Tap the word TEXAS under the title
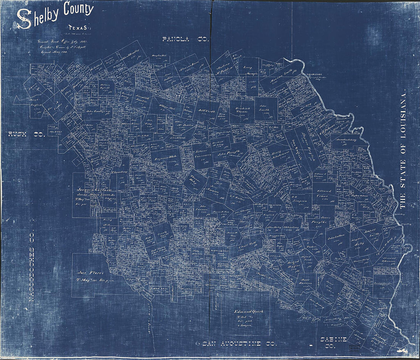[x=78, y=27]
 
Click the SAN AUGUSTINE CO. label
[x=239, y=344]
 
